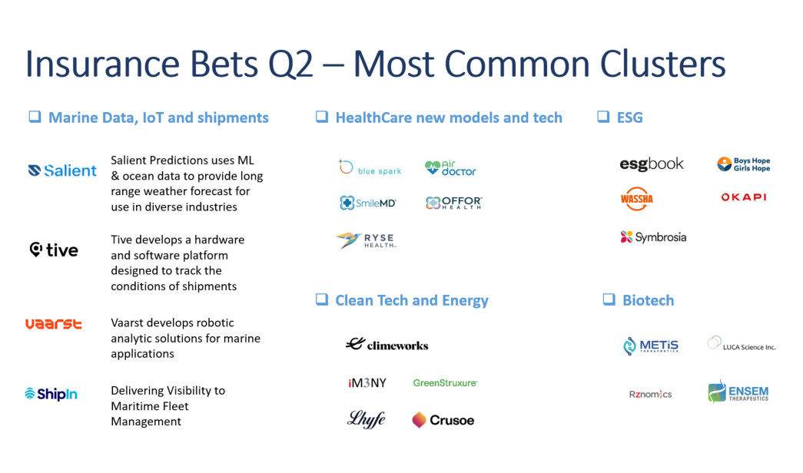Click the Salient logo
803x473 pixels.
click(x=62, y=170)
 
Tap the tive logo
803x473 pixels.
click(x=54, y=250)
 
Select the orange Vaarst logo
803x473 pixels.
click(x=54, y=323)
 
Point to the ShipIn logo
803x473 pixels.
click(x=51, y=394)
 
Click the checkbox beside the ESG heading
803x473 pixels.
click(x=603, y=117)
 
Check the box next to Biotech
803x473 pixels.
click(x=609, y=299)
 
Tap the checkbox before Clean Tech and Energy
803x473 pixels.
click(x=322, y=299)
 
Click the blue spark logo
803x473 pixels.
click(x=370, y=167)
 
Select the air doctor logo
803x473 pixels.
click(x=450, y=167)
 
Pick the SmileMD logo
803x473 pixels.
click(x=368, y=203)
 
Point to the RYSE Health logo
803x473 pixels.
click(x=367, y=240)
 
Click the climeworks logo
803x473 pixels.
click(x=387, y=345)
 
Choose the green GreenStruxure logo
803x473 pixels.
click(x=445, y=382)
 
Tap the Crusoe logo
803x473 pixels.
click(x=443, y=420)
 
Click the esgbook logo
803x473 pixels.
click(x=652, y=164)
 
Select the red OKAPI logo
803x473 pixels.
click(x=744, y=197)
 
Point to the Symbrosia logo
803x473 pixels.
click(x=653, y=237)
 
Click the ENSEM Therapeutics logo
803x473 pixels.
click(x=738, y=392)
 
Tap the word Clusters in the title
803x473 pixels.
click(x=662, y=64)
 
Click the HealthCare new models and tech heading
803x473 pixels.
click(x=449, y=117)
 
